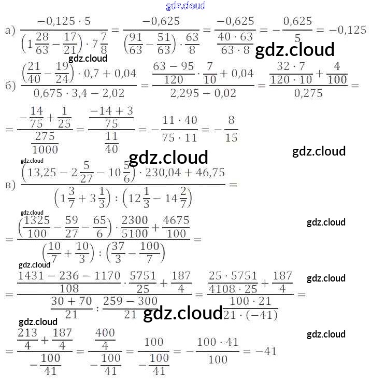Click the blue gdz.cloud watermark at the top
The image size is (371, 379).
pos(186,6)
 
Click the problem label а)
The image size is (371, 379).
pos(9,31)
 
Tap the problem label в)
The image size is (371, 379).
pos(9,185)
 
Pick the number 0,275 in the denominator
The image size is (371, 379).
pos(308,93)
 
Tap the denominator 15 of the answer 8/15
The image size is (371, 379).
pos(232,137)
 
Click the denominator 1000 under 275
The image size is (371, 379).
pos(45,149)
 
